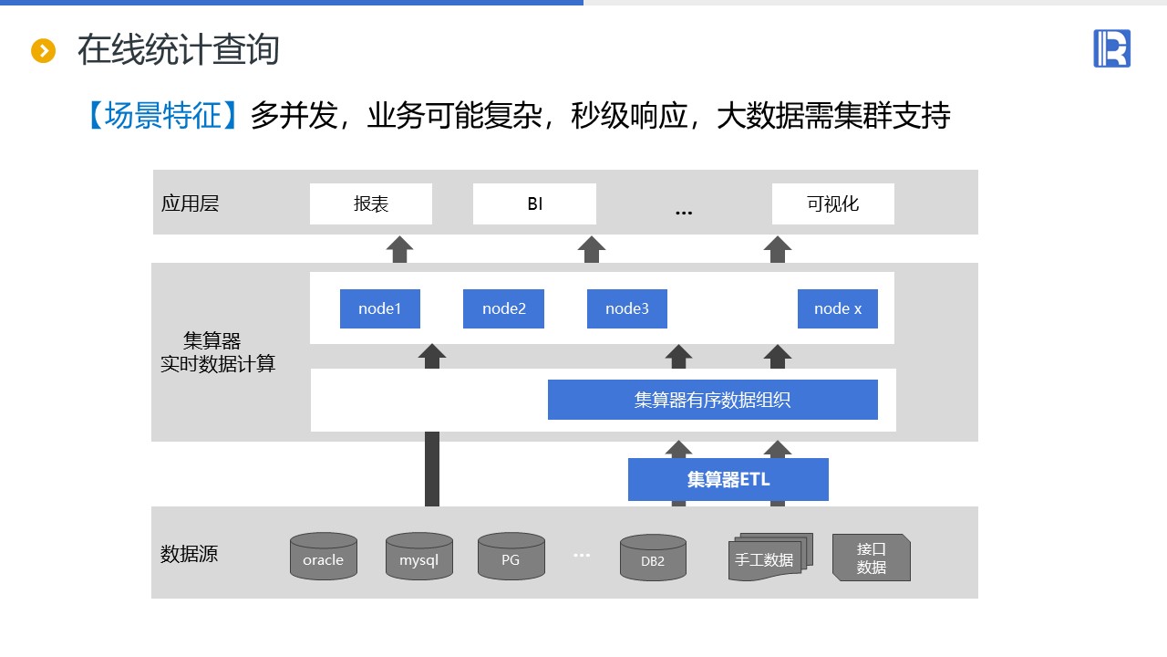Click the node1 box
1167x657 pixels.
(x=379, y=308)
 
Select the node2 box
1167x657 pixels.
(x=503, y=308)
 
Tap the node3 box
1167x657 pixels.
(x=626, y=308)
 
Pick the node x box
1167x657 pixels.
(x=837, y=308)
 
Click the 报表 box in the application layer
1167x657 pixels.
(x=370, y=203)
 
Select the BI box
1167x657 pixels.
(x=534, y=203)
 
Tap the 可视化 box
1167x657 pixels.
(x=832, y=203)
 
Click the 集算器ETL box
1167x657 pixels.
(x=728, y=479)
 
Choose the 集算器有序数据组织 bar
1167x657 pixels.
(x=712, y=400)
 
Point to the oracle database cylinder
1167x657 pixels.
(x=323, y=558)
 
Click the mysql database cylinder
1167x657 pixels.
(x=418, y=558)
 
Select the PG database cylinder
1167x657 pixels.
(x=511, y=558)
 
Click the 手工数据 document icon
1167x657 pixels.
(x=765, y=558)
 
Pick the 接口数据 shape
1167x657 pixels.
(x=871, y=558)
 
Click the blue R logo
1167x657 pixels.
(x=1111, y=48)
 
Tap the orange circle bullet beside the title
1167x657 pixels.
(x=43, y=51)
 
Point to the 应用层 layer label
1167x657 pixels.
(x=190, y=203)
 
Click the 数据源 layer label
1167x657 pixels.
(x=189, y=554)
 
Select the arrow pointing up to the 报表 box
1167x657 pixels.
(x=399, y=249)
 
